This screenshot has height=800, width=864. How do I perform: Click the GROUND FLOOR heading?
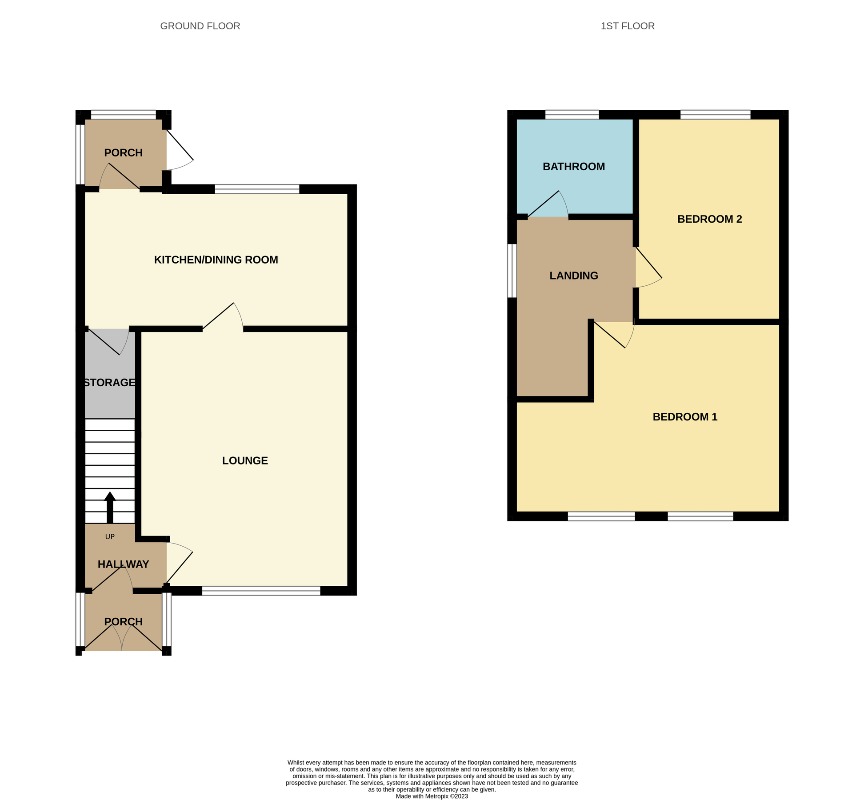[x=200, y=26]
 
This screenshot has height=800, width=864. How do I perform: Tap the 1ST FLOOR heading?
[x=627, y=26]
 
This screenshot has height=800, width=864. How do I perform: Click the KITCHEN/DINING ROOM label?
[x=216, y=260]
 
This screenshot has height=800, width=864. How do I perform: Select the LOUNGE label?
[x=245, y=461]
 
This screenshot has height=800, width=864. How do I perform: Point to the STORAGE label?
[x=109, y=383]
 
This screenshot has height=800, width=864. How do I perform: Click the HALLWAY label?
[x=123, y=564]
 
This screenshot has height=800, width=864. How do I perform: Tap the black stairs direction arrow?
[x=110, y=507]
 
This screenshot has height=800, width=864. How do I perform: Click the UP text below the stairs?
[x=110, y=537]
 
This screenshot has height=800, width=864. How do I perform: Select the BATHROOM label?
[x=573, y=167]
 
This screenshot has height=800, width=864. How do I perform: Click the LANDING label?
[x=573, y=276]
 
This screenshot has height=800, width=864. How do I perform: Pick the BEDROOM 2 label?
[x=709, y=219]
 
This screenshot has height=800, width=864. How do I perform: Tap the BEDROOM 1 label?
[x=684, y=417]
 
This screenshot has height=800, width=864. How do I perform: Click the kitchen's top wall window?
[x=257, y=189]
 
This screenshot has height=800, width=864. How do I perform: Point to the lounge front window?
[x=261, y=591]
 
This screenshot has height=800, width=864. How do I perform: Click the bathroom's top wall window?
[x=572, y=115]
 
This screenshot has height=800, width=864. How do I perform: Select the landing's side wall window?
[x=512, y=270]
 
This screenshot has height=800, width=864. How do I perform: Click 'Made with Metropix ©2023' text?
[x=432, y=796]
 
